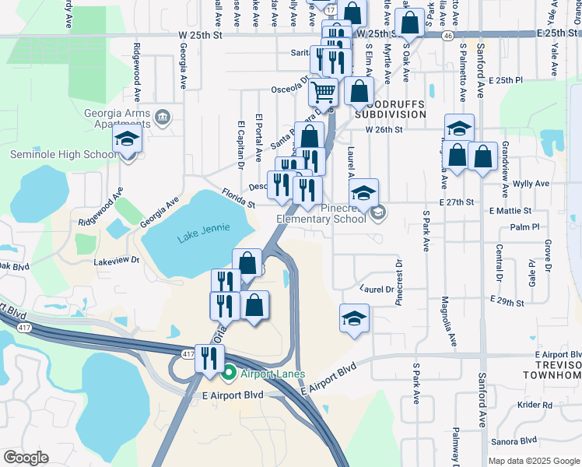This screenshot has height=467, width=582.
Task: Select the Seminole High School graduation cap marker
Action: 126,141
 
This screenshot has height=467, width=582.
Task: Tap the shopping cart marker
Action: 323,93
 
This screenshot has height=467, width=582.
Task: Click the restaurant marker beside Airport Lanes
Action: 209,359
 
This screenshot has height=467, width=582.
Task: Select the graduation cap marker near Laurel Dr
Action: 354,318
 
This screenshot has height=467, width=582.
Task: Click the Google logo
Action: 26,458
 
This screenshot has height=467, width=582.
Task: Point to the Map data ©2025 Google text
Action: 533,461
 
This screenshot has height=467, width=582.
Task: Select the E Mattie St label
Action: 510,211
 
